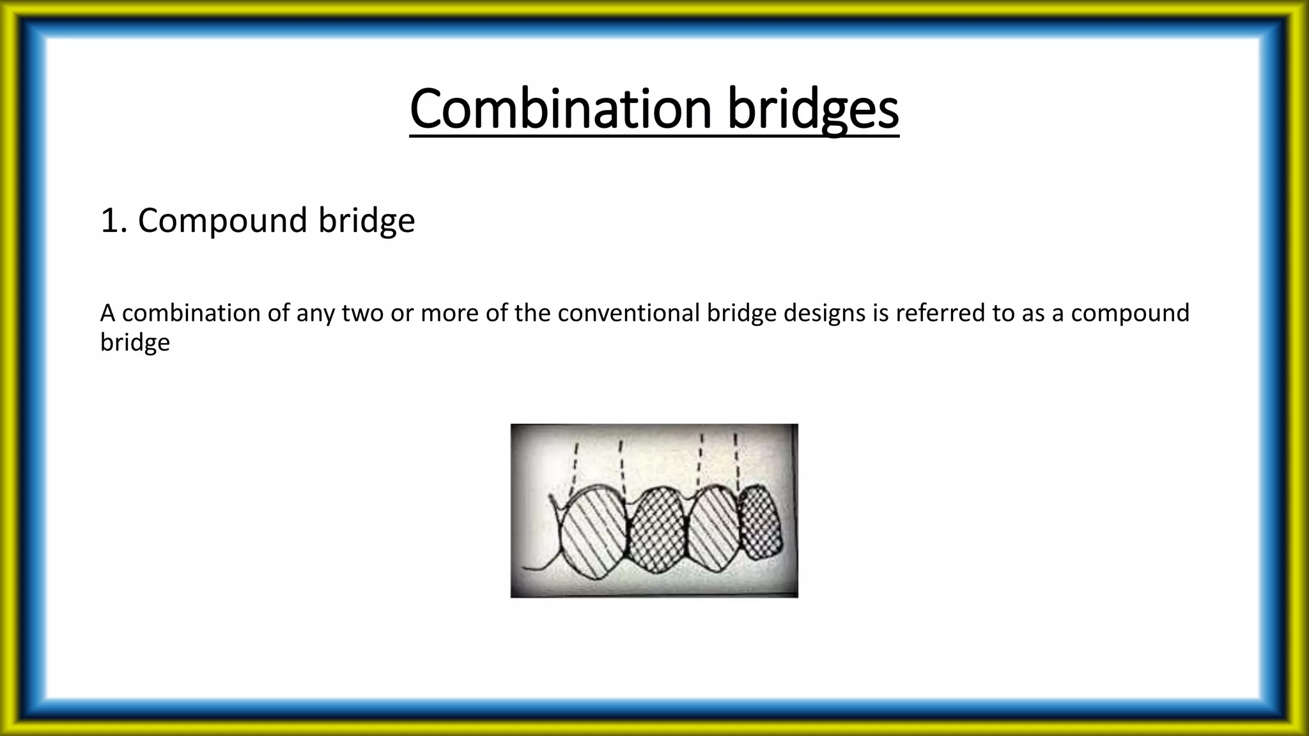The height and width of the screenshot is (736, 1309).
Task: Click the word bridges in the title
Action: pos(813,110)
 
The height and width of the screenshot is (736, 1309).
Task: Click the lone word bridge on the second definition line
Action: pos(135,343)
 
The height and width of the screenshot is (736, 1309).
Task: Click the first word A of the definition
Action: pos(107,313)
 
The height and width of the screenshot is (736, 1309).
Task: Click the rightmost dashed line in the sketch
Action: pos(736,460)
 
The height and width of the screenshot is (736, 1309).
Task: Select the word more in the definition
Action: pos(442,313)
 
